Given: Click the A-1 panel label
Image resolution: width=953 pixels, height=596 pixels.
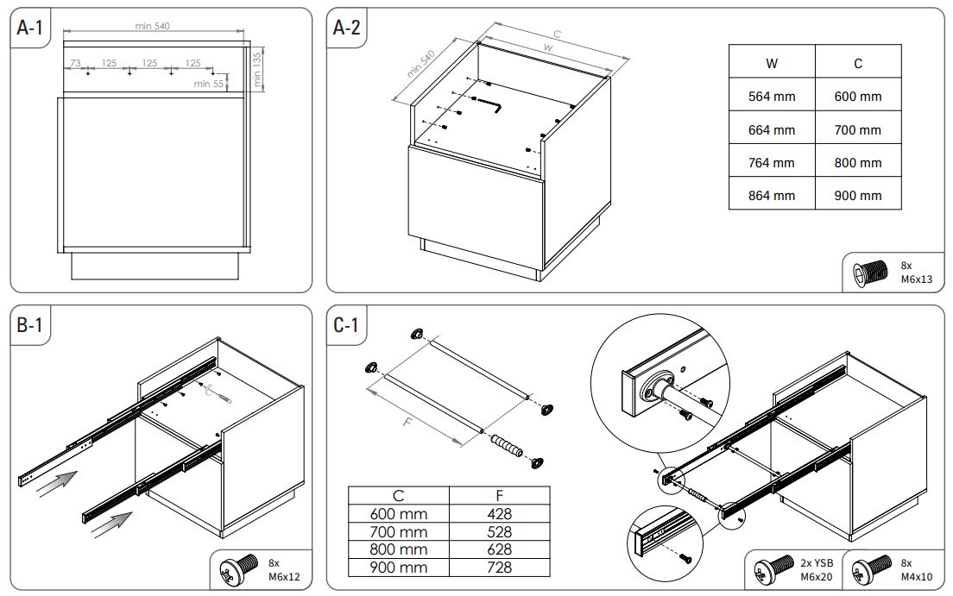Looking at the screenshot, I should [x=30, y=28].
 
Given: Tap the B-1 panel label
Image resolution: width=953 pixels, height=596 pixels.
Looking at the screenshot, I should [x=30, y=326].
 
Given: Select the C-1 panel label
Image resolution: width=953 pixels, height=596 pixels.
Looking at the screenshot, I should [x=347, y=326].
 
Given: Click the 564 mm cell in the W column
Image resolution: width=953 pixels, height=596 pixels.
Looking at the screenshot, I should [x=771, y=97].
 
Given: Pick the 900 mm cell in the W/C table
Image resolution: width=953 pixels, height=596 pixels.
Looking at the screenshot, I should [x=857, y=196].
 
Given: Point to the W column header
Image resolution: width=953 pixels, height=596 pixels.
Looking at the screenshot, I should [x=771, y=63].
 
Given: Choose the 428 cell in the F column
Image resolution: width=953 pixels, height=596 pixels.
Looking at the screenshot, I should [x=500, y=514].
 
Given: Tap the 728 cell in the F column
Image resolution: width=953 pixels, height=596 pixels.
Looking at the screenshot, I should [x=500, y=567].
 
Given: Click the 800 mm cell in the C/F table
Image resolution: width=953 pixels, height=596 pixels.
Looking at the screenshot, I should [x=398, y=549].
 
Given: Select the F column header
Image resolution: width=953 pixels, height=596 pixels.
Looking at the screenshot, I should [x=500, y=496].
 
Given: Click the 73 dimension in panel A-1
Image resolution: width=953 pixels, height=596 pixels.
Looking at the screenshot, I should [x=75, y=63].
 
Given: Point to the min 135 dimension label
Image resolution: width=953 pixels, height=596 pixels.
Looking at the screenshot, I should [x=256, y=69].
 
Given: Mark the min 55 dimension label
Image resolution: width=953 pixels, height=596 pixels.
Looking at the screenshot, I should [x=208, y=84].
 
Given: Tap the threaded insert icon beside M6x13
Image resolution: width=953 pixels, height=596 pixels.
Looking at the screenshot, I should [x=868, y=272].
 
